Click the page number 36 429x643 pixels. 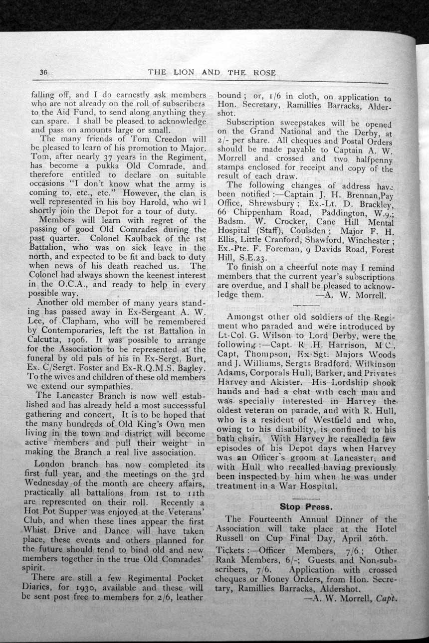tap(43, 72)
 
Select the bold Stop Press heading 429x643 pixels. tap(306, 507)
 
